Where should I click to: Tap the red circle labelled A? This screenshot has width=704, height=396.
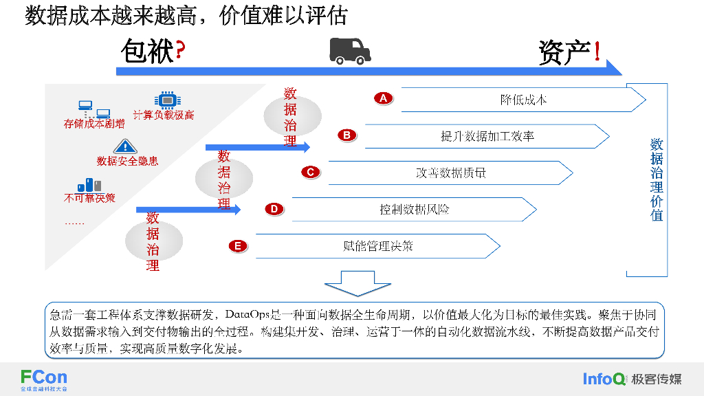[x=384, y=98]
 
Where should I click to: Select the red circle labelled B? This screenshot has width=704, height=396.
[x=347, y=135]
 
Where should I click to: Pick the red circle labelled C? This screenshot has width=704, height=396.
[x=311, y=172]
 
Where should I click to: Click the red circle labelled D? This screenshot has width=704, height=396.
[x=274, y=209]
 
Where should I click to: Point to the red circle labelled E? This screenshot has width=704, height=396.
[x=238, y=245]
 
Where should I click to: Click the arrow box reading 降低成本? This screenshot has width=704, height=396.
[x=523, y=100]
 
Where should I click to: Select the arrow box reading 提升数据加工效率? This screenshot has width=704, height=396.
[x=487, y=136]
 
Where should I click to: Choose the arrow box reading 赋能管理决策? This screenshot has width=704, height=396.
[x=377, y=246]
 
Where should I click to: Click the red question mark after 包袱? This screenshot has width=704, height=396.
[x=180, y=52]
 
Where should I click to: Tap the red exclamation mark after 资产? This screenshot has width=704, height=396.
[x=597, y=53]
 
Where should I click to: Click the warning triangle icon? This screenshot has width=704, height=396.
[x=125, y=146]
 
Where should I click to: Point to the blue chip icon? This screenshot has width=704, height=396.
[x=167, y=100]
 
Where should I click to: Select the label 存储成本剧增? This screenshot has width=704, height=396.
[x=94, y=124]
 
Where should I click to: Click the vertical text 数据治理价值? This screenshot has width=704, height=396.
[x=657, y=179]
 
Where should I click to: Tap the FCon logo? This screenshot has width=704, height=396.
[x=43, y=377]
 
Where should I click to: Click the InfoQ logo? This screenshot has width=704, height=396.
[x=604, y=379]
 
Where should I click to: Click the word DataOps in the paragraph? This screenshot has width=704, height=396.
[x=247, y=316]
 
